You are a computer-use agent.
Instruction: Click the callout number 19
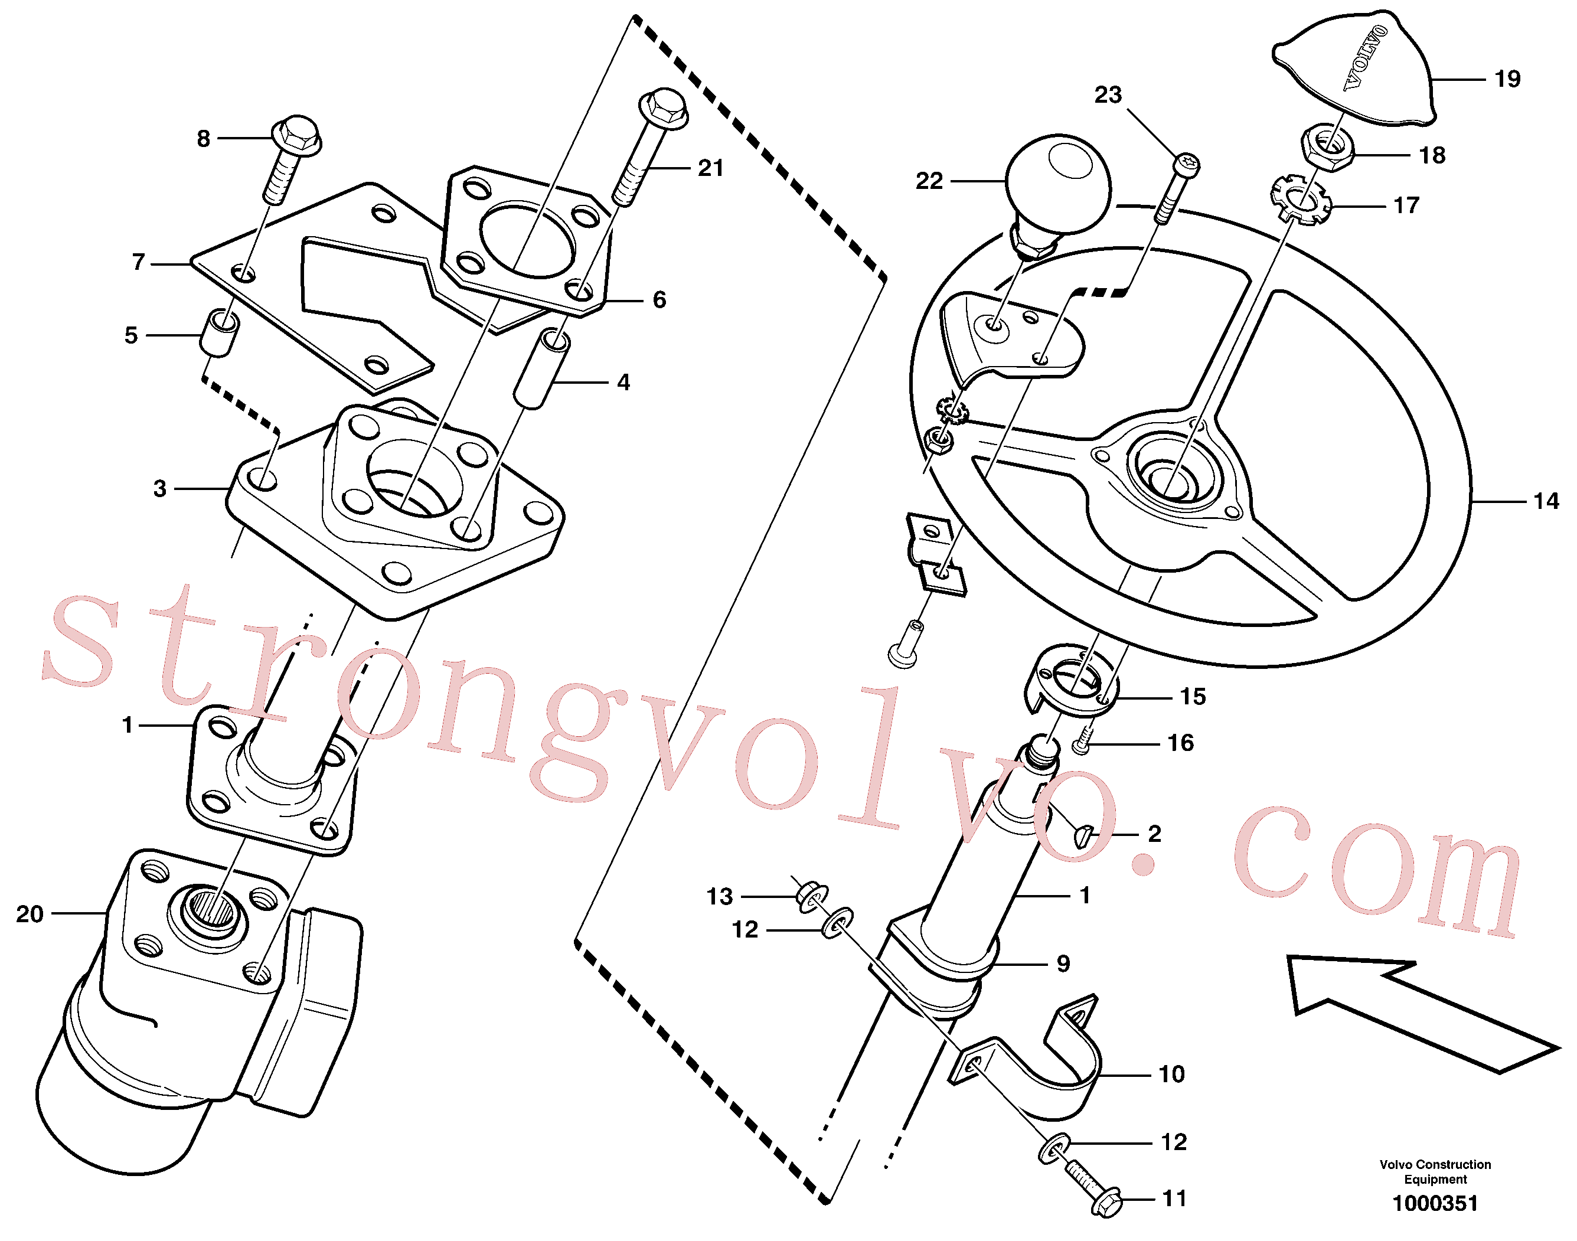pos(1507,79)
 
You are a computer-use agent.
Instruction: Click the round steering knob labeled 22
pos(1057,185)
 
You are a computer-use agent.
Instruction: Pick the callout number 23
pos(1108,94)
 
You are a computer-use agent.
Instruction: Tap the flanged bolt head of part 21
pos(663,107)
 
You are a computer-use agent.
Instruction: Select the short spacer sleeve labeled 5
pos(218,334)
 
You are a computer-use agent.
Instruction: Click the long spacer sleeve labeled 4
pos(541,368)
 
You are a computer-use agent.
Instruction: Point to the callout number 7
pos(139,262)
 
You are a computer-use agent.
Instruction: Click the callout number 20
pos(30,913)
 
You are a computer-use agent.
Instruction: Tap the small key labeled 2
pos(1083,837)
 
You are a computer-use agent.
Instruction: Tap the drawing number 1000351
pos(1435,1203)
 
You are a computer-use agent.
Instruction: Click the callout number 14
pos(1546,501)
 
